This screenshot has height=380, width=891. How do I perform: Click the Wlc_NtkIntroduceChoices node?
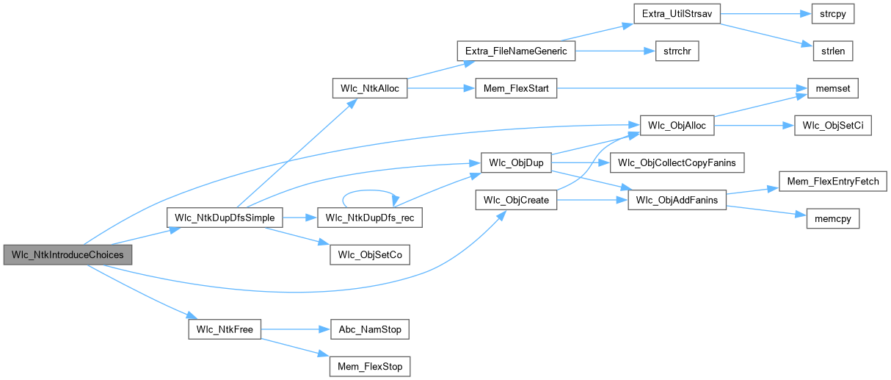pos(68,255)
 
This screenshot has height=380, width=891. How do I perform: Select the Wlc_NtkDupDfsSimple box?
pos(225,218)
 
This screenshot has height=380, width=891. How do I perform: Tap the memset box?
pos(832,88)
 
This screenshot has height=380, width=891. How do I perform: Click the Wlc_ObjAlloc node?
pos(677,126)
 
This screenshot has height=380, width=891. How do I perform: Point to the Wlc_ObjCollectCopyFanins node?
pos(677,162)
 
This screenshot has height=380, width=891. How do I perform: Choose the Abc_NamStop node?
pos(370,329)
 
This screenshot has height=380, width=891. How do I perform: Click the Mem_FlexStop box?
pos(370,366)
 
